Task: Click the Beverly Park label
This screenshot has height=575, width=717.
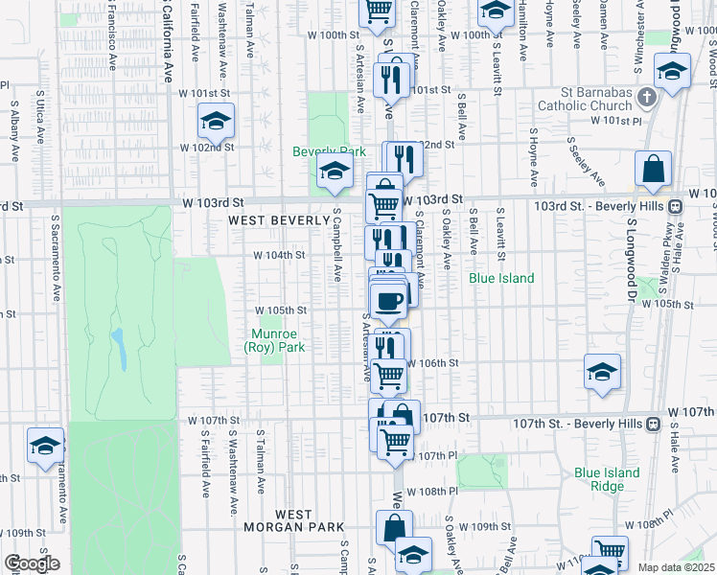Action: coord(330,151)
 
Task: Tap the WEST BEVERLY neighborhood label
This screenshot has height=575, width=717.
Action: coord(266,220)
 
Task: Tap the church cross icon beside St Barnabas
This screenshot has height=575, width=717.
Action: coord(647,98)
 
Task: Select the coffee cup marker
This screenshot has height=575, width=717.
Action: coord(388,301)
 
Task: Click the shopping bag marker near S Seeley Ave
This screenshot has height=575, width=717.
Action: coord(653,169)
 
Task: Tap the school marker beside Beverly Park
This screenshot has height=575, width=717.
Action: coord(334,172)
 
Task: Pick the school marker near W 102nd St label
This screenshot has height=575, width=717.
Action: coord(216,121)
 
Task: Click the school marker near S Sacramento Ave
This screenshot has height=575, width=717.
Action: coord(45,446)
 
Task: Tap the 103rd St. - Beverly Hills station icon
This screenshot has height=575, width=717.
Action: coord(676,206)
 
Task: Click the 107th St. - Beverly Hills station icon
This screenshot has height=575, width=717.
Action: coord(654,423)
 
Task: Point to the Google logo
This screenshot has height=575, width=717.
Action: coord(31,564)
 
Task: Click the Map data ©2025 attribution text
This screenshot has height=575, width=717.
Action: coord(675,567)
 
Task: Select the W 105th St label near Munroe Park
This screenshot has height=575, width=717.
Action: coord(280,310)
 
